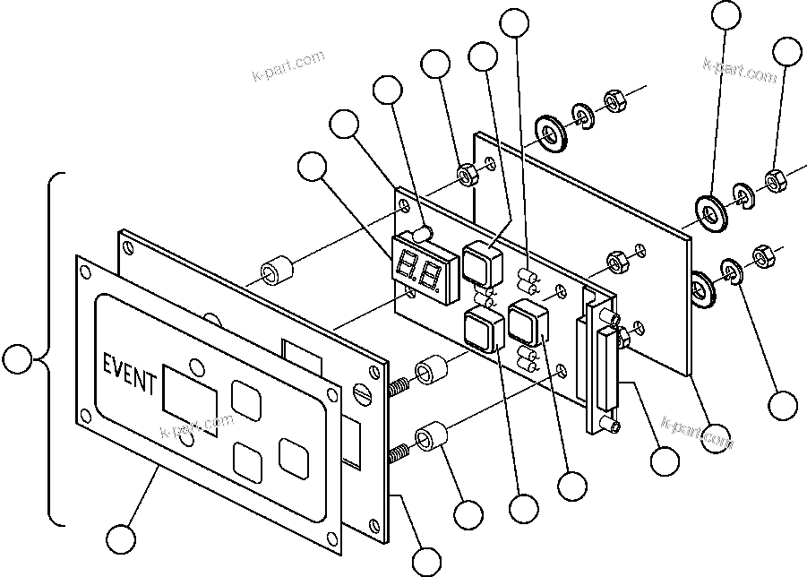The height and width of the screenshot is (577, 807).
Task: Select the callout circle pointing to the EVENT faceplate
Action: pyautogui.click(x=120, y=539)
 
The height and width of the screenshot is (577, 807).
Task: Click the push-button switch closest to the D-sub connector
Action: pyautogui.click(x=528, y=323)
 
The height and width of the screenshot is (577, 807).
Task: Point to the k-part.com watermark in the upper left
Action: pyautogui.click(x=288, y=66)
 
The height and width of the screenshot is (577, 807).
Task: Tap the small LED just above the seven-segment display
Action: pyautogui.click(x=423, y=235)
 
